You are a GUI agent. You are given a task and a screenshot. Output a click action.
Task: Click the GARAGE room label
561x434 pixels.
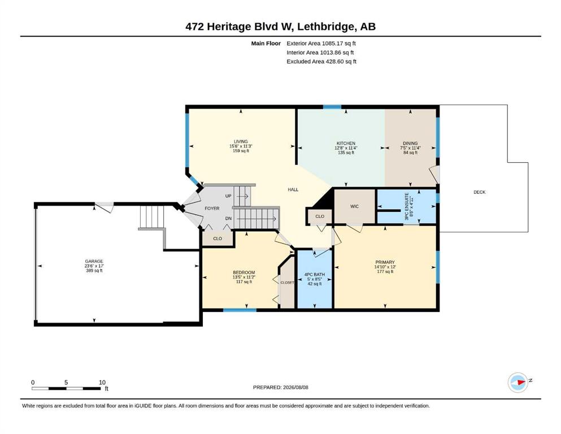click(x=94, y=261)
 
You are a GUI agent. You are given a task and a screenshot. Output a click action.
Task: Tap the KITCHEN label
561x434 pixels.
click(x=346, y=143)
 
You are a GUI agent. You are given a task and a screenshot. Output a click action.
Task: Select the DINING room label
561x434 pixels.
click(x=410, y=143)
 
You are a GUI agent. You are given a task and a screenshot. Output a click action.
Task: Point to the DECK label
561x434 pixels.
click(x=480, y=192)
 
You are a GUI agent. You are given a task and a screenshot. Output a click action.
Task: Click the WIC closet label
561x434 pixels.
click(x=355, y=206)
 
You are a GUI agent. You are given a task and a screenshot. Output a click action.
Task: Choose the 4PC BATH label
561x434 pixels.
click(x=315, y=275)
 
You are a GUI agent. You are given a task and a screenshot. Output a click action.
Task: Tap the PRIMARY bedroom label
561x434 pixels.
click(x=385, y=262)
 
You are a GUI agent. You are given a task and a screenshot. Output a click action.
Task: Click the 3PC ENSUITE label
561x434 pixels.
click(x=407, y=206)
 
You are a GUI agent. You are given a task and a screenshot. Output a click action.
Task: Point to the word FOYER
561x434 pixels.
click(x=212, y=208)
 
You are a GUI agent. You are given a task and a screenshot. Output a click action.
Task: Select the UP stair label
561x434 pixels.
click(x=228, y=196)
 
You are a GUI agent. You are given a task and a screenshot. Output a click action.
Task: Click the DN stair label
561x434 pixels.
click(x=228, y=218)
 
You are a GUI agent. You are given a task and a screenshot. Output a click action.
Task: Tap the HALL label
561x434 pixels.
click(x=293, y=190)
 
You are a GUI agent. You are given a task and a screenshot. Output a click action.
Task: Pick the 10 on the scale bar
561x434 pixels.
click(x=102, y=382)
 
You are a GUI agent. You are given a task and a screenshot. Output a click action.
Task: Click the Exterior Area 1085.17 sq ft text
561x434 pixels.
click(x=321, y=44)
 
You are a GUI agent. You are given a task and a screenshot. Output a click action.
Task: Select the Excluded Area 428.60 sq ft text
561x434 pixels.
click(x=321, y=61)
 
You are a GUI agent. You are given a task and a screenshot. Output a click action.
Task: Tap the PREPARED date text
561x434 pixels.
click(x=280, y=387)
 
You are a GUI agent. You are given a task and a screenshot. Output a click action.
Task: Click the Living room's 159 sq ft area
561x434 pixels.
click(x=241, y=151)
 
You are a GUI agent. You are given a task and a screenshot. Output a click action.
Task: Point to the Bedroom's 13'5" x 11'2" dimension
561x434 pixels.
click(x=243, y=277)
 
